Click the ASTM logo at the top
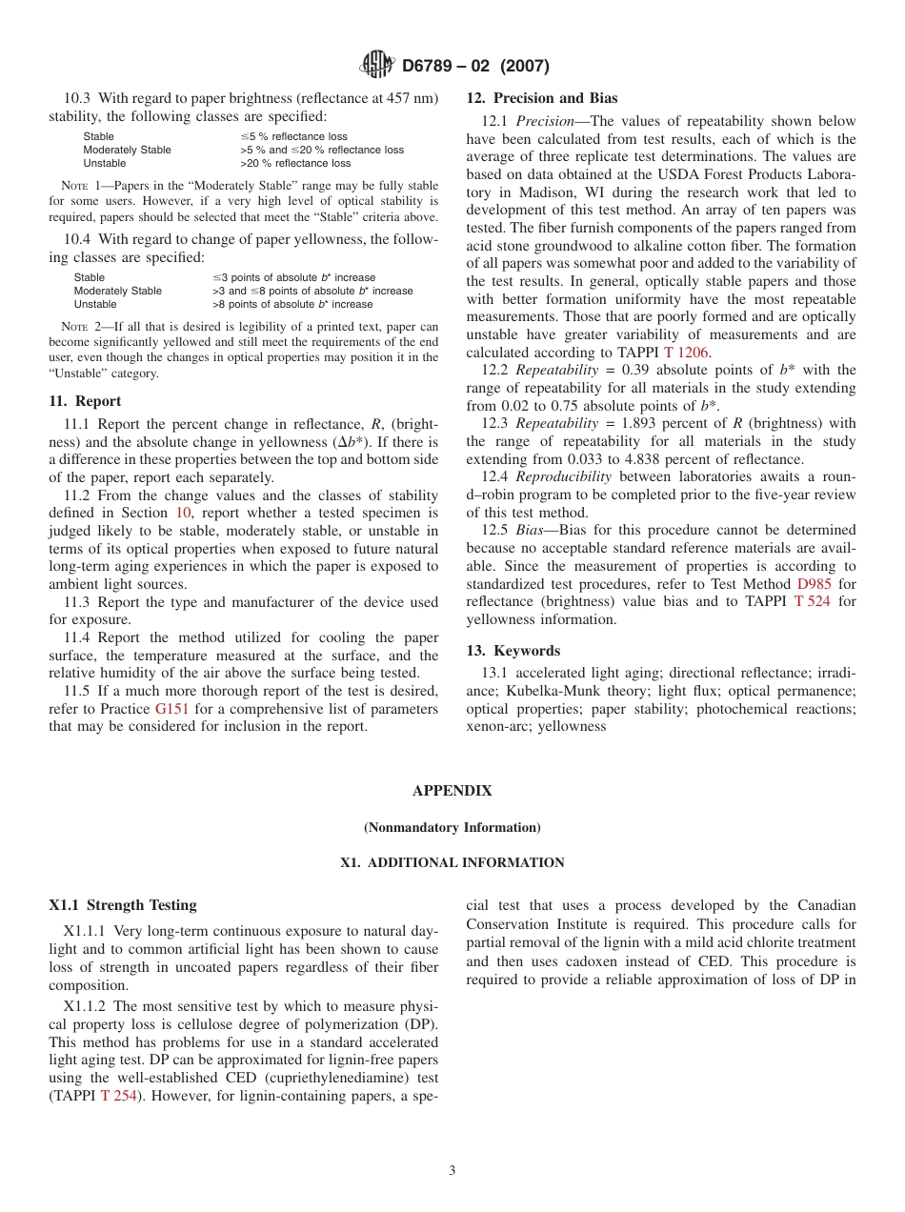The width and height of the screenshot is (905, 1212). [x=377, y=65]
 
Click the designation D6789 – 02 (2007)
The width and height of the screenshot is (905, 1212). [x=475, y=66]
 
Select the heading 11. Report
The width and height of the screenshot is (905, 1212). [x=85, y=401]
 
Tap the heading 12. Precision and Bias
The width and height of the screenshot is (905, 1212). [x=541, y=98]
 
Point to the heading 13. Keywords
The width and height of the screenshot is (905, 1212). [x=513, y=651]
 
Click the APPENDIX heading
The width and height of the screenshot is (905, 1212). [x=452, y=791]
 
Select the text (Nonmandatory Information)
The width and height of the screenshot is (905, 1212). [x=452, y=827]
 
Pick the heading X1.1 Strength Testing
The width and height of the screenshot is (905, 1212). [x=123, y=905]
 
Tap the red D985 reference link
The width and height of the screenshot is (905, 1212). [x=814, y=583]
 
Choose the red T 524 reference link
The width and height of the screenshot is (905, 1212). [x=813, y=601]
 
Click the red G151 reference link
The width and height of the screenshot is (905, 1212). [x=171, y=709]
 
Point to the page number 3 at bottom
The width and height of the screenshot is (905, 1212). [x=452, y=1171]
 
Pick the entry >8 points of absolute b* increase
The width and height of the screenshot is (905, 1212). [x=292, y=304]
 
